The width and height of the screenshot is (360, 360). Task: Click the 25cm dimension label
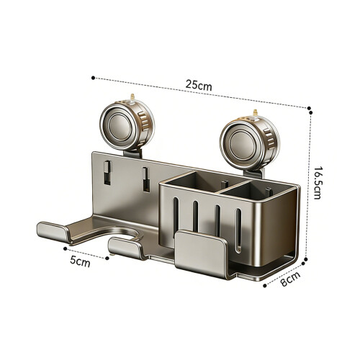pyautogui.click(x=199, y=85)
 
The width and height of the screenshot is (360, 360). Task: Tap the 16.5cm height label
pyautogui.click(x=318, y=183)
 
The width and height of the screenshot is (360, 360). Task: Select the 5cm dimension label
pyautogui.click(x=80, y=261)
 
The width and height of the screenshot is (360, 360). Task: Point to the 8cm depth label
pyautogui.click(x=290, y=279)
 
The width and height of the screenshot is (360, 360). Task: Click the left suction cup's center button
pyautogui.click(x=120, y=127)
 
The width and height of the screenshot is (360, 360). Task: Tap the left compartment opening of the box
pyautogui.click(x=192, y=182)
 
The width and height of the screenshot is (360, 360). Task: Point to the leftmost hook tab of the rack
pyautogui.click(x=53, y=231)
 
